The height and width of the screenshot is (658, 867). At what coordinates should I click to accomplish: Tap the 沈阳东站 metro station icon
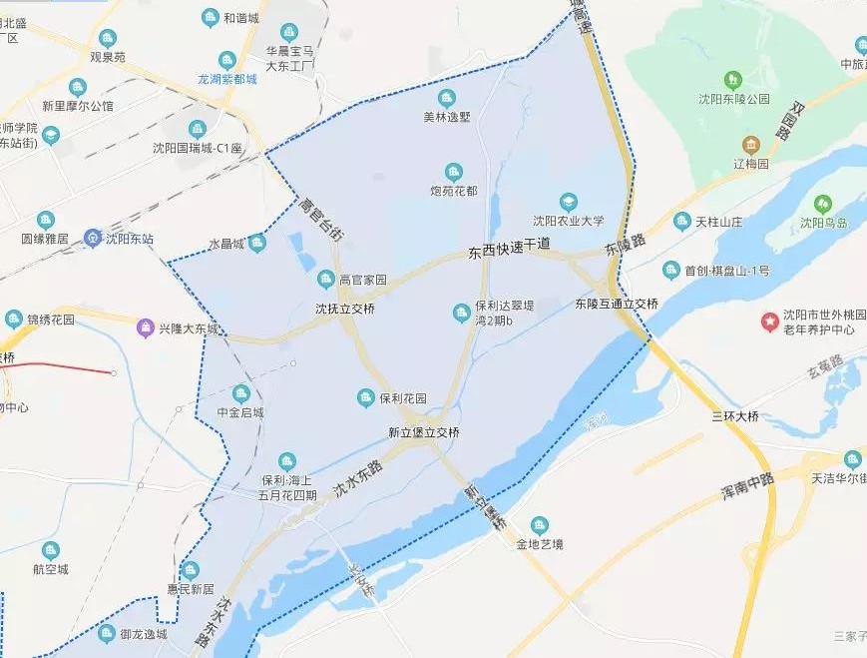[x=92, y=239]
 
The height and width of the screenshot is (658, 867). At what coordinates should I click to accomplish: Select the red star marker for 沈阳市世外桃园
[x=769, y=322]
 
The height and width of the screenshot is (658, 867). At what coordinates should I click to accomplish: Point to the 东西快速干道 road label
[x=509, y=250]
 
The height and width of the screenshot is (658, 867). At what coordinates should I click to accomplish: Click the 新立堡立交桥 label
[x=424, y=432]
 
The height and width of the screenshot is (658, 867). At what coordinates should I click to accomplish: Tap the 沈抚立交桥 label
[x=345, y=309]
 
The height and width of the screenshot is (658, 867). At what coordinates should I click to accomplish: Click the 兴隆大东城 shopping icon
[x=148, y=327]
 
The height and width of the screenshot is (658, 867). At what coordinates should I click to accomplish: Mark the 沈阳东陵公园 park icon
[x=733, y=79]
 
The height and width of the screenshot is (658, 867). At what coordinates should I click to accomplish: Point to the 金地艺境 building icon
[x=540, y=525]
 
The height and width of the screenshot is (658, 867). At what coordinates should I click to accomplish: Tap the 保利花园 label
[x=403, y=398]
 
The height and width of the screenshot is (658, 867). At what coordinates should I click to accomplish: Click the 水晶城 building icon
[x=257, y=242]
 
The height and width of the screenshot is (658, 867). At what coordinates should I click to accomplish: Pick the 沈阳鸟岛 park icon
[x=823, y=204]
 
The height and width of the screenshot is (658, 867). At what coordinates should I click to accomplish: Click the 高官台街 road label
[x=320, y=220]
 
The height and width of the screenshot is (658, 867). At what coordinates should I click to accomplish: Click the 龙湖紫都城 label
[x=226, y=79]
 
